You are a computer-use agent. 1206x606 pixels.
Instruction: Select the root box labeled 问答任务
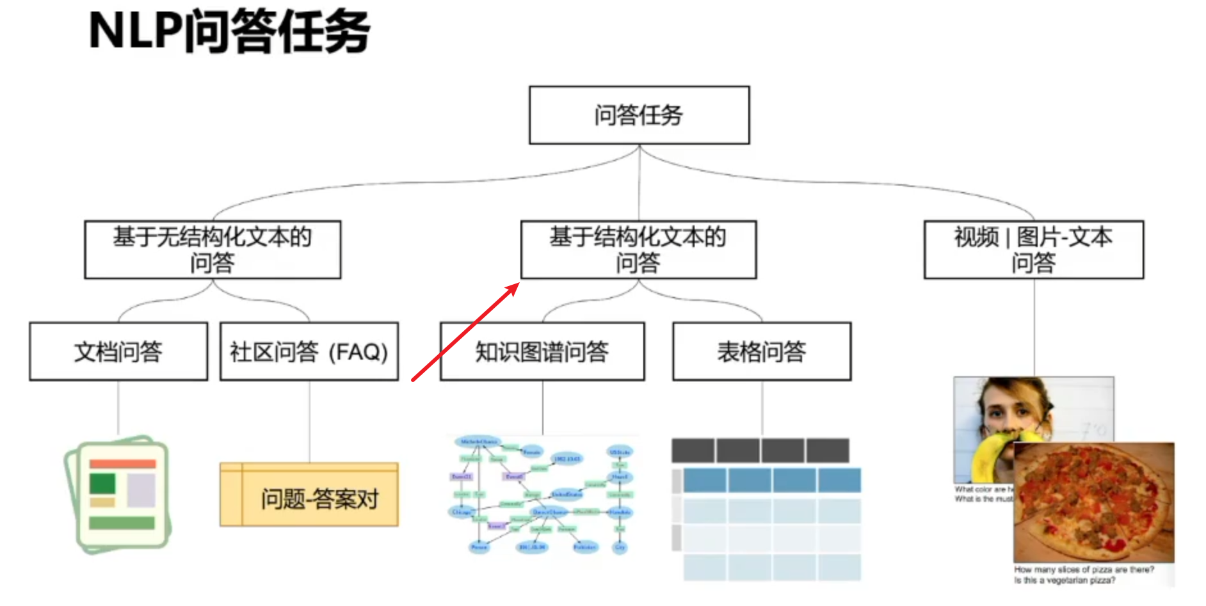(x=639, y=115)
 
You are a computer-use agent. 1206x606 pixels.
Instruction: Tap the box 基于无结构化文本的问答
(x=213, y=250)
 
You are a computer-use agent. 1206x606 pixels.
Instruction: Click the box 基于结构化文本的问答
(x=638, y=250)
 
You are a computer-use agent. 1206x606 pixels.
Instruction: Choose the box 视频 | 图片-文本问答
(x=1033, y=250)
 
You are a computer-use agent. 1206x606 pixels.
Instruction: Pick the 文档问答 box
(x=118, y=351)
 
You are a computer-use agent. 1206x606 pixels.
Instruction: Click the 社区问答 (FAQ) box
(x=309, y=351)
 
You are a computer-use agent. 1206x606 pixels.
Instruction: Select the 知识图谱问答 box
(x=542, y=351)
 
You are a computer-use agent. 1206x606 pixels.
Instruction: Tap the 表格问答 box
(x=762, y=351)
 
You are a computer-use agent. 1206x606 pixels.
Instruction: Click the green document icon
(x=118, y=495)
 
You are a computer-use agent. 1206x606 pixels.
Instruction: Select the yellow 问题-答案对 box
(x=309, y=495)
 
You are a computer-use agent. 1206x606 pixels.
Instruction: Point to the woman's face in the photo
(x=1011, y=410)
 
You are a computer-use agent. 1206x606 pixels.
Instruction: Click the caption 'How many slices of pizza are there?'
(x=1084, y=569)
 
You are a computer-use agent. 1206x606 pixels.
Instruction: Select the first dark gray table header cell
(x=693, y=451)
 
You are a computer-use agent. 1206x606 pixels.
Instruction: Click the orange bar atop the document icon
(x=122, y=463)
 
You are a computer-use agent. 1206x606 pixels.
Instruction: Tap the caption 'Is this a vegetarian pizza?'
(x=1064, y=580)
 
